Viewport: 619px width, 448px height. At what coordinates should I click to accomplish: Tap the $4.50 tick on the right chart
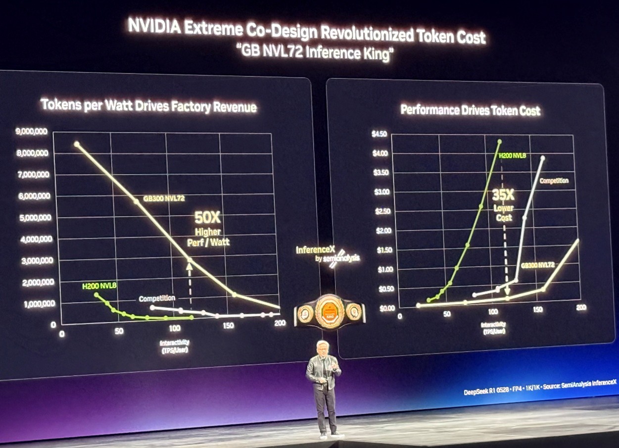pyautogui.click(x=380, y=134)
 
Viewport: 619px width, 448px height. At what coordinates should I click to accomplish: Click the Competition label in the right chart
pyautogui.click(x=554, y=181)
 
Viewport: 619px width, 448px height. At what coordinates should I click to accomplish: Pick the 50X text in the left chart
pyautogui.click(x=207, y=217)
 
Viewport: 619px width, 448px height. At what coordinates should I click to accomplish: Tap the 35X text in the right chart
pyautogui.click(x=503, y=195)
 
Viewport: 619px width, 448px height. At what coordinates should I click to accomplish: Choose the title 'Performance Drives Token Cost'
pyautogui.click(x=470, y=110)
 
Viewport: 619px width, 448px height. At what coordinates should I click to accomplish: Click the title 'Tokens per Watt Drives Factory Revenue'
pyautogui.click(x=148, y=106)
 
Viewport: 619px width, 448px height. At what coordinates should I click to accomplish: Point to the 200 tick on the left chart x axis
pyautogui.click(x=280, y=323)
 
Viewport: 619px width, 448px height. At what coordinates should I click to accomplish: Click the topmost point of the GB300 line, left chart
pyautogui.click(x=77, y=144)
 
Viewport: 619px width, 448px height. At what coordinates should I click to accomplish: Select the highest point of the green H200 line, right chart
pyautogui.click(x=499, y=142)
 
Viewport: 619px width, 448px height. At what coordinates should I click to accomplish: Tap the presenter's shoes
pyautogui.click(x=330, y=435)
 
